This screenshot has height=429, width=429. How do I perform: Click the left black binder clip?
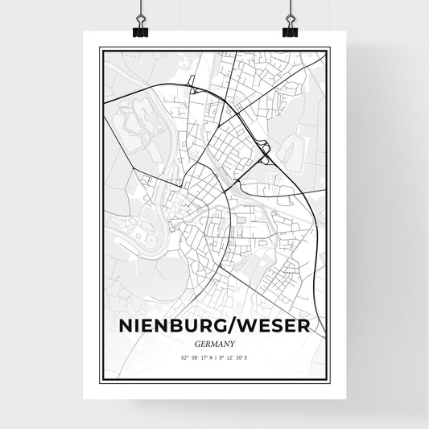click(x=140, y=31)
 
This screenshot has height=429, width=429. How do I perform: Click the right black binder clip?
click(x=290, y=31)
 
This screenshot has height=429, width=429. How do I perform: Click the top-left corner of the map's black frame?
click(x=100, y=49)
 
